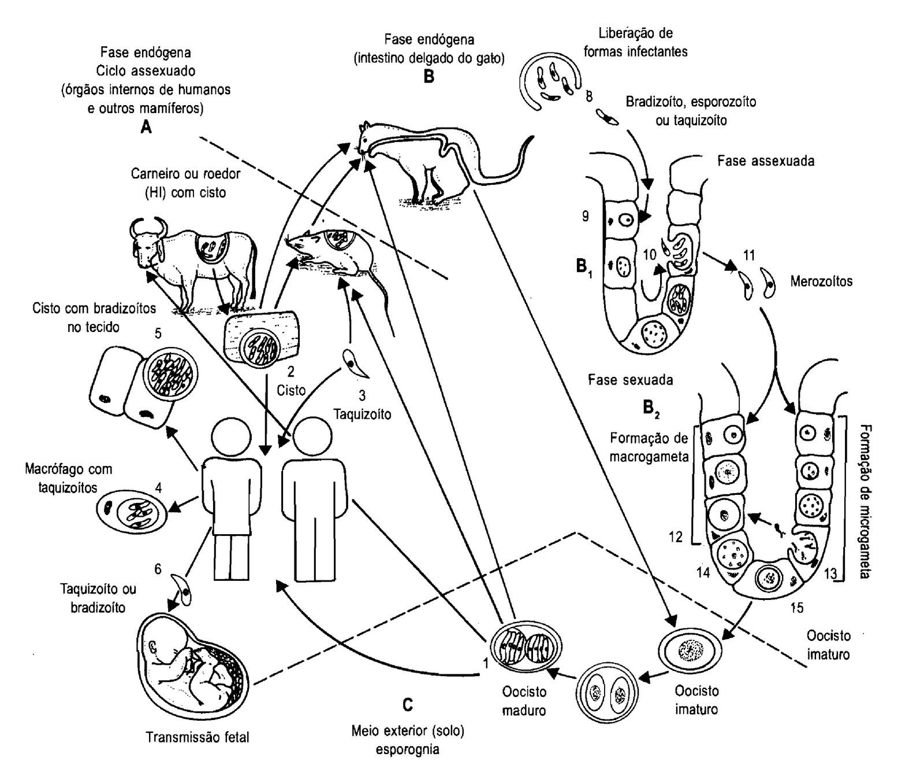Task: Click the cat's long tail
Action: (x=508, y=165)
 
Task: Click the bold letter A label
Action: (x=146, y=127)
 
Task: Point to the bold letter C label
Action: (x=408, y=705)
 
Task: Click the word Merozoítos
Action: (x=821, y=281)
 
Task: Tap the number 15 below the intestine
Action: (x=797, y=607)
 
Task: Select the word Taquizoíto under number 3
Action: (x=362, y=414)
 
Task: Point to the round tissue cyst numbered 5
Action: (x=170, y=372)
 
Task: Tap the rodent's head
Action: (x=300, y=243)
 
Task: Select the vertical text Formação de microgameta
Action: (x=865, y=501)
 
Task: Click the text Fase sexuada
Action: (x=631, y=380)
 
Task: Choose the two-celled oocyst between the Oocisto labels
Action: (x=606, y=692)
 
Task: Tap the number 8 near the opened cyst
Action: (x=588, y=96)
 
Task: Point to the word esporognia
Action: (x=407, y=750)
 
